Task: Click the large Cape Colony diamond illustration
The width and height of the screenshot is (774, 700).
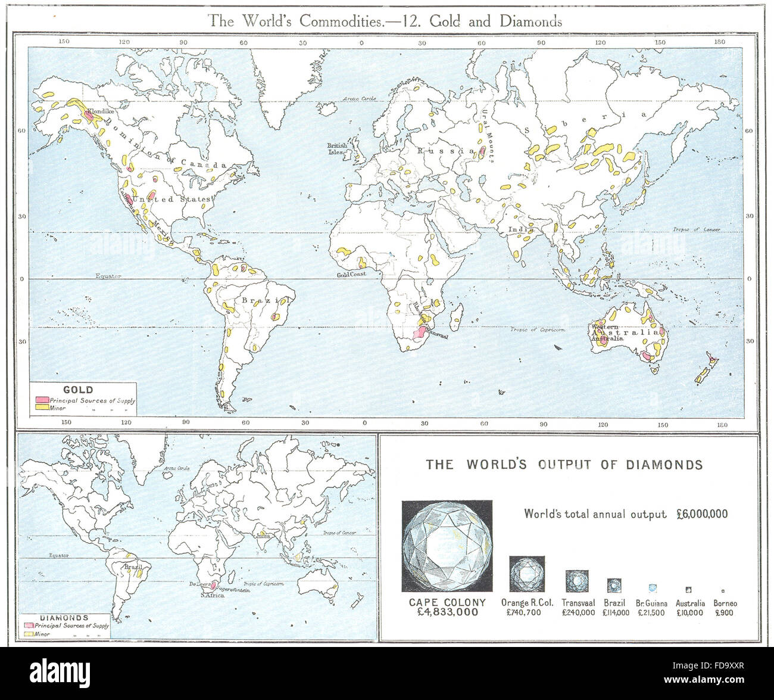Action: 447,546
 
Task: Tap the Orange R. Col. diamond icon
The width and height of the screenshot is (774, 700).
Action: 526,573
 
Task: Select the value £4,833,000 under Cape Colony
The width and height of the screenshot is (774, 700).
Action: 447,612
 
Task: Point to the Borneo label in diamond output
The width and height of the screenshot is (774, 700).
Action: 725,603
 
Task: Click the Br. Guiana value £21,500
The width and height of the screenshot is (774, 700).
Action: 651,612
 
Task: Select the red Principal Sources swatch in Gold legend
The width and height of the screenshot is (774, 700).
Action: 42,400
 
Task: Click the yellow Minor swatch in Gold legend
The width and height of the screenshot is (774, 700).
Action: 42,409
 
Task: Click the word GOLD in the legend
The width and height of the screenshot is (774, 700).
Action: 78,390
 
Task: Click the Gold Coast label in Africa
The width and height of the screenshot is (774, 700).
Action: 351,275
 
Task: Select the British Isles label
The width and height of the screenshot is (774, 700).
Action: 338,148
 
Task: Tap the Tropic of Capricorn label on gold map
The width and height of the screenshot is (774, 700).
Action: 537,329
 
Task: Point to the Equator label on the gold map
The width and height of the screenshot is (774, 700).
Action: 108,276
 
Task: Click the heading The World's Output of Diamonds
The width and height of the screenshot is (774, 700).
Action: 564,465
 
